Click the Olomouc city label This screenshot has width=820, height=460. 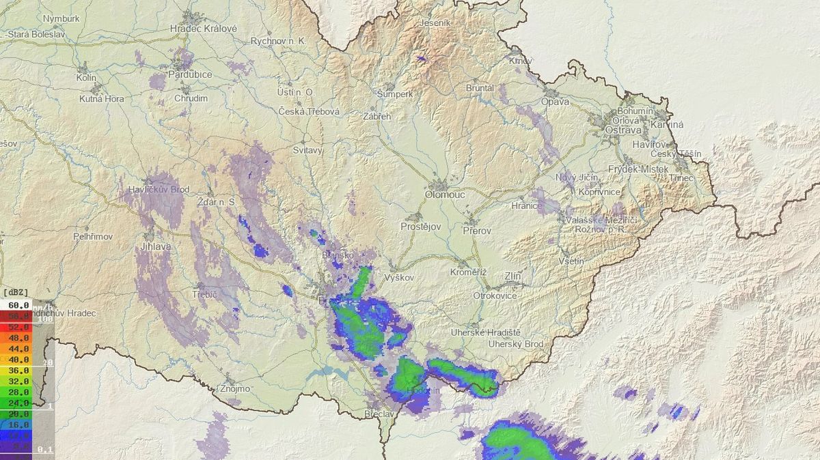445,195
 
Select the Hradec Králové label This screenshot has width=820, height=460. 203,29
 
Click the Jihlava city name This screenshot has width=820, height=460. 157,246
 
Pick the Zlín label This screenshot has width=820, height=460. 512,276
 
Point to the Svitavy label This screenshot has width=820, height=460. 307,150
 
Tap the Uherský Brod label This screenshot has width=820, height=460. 516,344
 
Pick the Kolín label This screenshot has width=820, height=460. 86,78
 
